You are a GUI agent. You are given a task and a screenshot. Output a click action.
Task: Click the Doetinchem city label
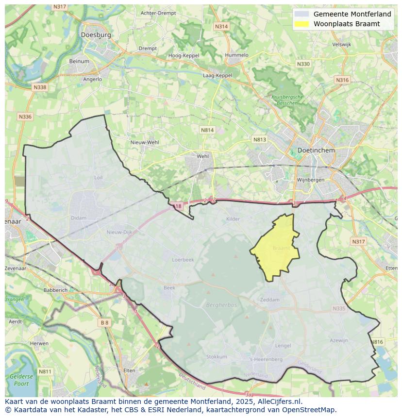coord(316,150)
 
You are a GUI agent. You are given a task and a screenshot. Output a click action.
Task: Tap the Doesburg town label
coord(96,35)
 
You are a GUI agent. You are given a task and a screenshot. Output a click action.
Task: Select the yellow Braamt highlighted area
coord(276,248)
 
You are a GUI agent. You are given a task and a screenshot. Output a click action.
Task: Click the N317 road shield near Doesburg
coord(60,6)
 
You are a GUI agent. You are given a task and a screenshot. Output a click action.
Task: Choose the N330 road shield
coord(303,64)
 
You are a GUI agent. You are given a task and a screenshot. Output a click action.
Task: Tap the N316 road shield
coord(342,80)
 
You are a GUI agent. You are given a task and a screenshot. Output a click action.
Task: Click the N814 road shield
coord(207,130)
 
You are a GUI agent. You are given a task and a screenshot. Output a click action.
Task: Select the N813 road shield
coord(260,140)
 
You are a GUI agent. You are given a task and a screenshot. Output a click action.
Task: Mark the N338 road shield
coord(39,87)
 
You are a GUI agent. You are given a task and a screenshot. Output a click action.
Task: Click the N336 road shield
coord(25,117)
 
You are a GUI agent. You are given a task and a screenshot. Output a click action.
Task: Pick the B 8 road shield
coord(104,322)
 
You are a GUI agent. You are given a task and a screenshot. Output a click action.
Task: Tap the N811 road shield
coord(45,372)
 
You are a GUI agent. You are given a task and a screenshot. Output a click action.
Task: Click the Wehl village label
coord(202,156)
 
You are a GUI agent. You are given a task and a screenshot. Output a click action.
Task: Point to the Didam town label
coord(78,218)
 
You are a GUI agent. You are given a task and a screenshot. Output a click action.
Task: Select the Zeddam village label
coord(270,300)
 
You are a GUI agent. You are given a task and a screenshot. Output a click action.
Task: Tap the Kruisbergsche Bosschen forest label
coord(287,100)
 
